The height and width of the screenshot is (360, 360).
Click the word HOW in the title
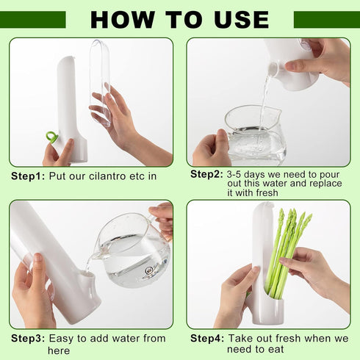click(121, 18)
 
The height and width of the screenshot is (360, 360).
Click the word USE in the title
click(240, 18)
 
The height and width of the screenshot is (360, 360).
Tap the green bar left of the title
click(33, 19)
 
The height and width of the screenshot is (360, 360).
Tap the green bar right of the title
click(326, 19)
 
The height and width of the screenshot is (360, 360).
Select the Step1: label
click(28, 177)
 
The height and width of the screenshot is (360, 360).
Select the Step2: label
click(206, 174)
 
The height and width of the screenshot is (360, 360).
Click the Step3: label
click(28, 339)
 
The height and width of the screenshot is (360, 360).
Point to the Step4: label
click(206, 339)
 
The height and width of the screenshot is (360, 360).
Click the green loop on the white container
click(51, 137)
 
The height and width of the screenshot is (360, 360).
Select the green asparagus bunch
click(287, 246)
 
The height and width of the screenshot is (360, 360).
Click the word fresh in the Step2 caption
click(264, 193)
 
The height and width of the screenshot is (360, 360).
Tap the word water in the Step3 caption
click(123, 339)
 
